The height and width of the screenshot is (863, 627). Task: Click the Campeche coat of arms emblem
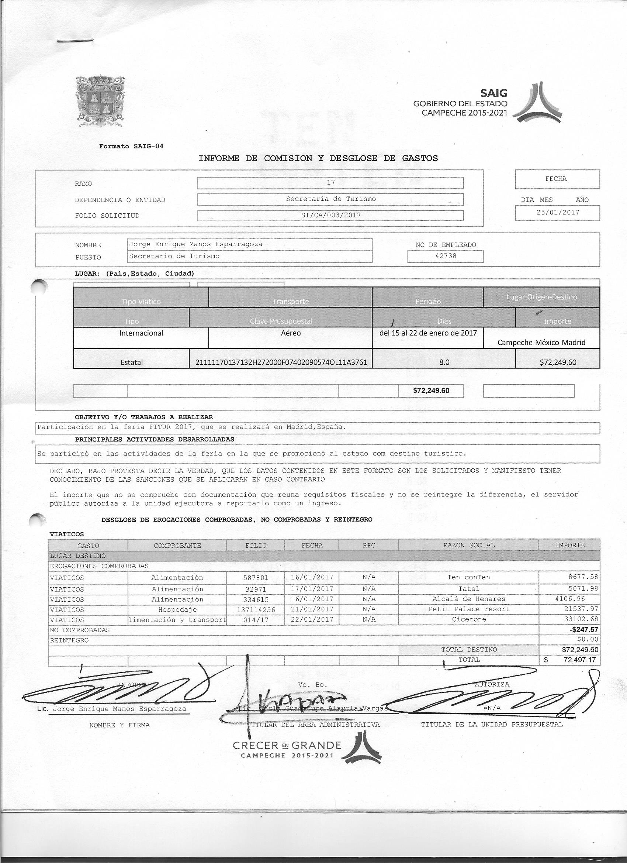(100, 101)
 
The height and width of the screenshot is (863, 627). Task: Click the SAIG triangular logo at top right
(537, 102)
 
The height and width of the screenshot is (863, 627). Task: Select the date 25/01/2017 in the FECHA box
(557, 213)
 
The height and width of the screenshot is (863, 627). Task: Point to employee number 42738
(445, 256)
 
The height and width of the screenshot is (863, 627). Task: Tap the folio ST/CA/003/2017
(330, 215)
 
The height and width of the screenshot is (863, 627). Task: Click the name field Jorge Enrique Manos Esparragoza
(196, 244)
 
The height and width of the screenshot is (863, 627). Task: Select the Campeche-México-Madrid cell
(541, 343)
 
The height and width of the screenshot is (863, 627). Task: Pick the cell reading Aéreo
(291, 333)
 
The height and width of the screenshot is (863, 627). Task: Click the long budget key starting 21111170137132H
(281, 362)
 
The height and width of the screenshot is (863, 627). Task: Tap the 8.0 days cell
(444, 362)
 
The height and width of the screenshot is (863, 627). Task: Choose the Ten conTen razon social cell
(468, 577)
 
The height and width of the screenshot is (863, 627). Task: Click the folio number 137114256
(256, 609)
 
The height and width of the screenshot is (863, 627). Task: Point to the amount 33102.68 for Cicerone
(581, 619)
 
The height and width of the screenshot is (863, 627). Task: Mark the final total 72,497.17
(579, 660)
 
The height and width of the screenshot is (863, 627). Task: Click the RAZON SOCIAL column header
(468, 545)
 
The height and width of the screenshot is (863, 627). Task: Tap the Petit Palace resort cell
(468, 609)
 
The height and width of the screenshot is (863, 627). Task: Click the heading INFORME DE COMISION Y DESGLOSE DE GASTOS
(318, 158)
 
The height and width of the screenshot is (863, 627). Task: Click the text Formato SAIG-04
(131, 146)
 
